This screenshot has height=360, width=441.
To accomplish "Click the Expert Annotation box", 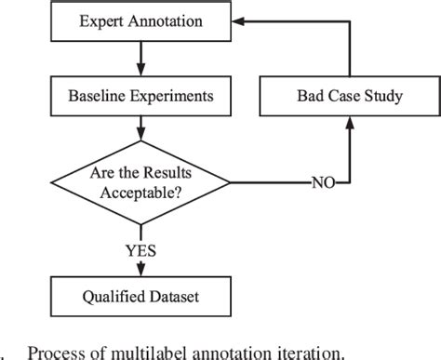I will pyautogui.click(x=140, y=20).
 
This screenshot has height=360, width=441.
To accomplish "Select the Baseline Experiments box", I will pyautogui.click(x=140, y=95).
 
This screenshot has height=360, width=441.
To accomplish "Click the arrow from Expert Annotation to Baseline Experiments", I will pyautogui.click(x=140, y=58).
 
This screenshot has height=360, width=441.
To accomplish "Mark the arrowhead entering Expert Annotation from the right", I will pyautogui.click(x=233, y=20).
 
